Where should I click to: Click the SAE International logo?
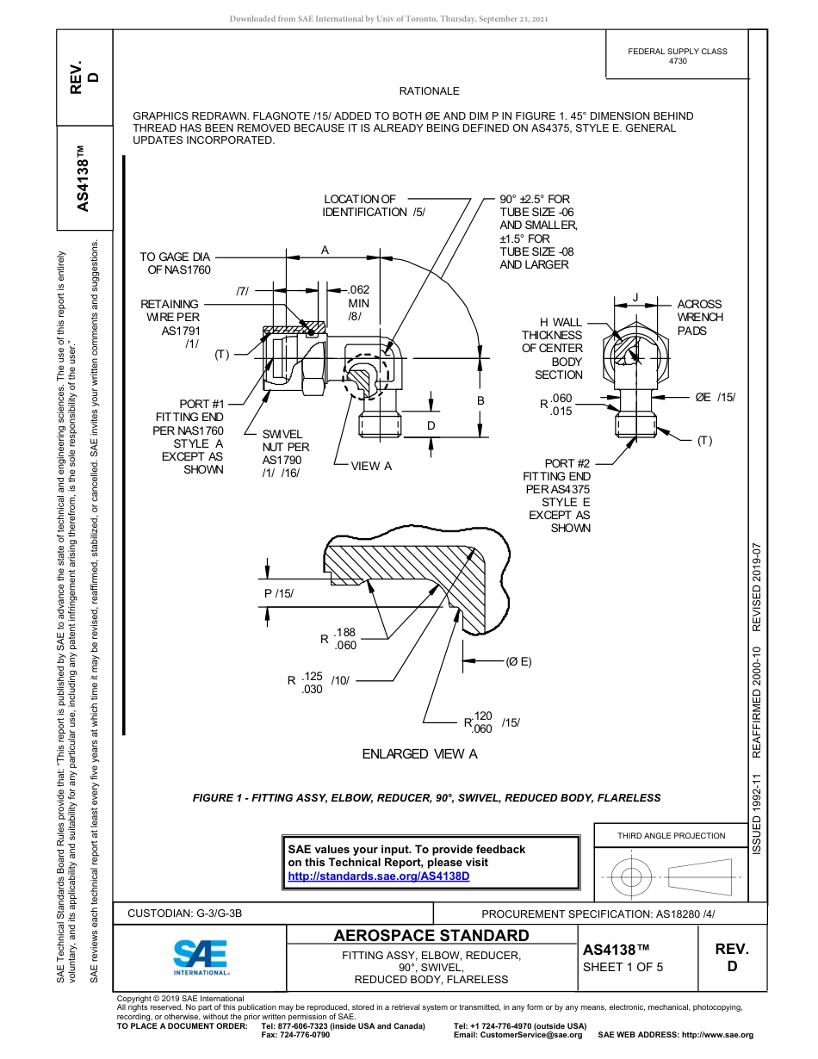coord(200,956)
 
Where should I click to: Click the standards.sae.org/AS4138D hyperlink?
coord(378,876)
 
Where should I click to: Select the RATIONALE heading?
coord(429,91)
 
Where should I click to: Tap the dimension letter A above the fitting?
coord(325,250)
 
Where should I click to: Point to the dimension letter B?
coord(480,401)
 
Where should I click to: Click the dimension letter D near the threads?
coord(431,425)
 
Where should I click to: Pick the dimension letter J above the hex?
coord(635,297)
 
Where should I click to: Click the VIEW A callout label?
coord(371,466)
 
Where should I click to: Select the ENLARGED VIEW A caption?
coord(419,754)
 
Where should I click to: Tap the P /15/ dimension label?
coord(279,593)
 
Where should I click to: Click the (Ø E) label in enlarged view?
coord(517,661)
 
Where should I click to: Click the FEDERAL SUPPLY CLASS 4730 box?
coord(677,56)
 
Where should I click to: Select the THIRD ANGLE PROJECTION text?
coord(671,835)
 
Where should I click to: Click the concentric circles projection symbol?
coord(631,877)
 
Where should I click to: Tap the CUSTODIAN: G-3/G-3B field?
coord(185,913)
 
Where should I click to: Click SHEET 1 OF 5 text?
coord(623,967)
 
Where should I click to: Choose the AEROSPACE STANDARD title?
coord(431,936)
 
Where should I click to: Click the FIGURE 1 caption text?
coord(426,798)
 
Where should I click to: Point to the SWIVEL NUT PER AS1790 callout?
coord(286,454)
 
